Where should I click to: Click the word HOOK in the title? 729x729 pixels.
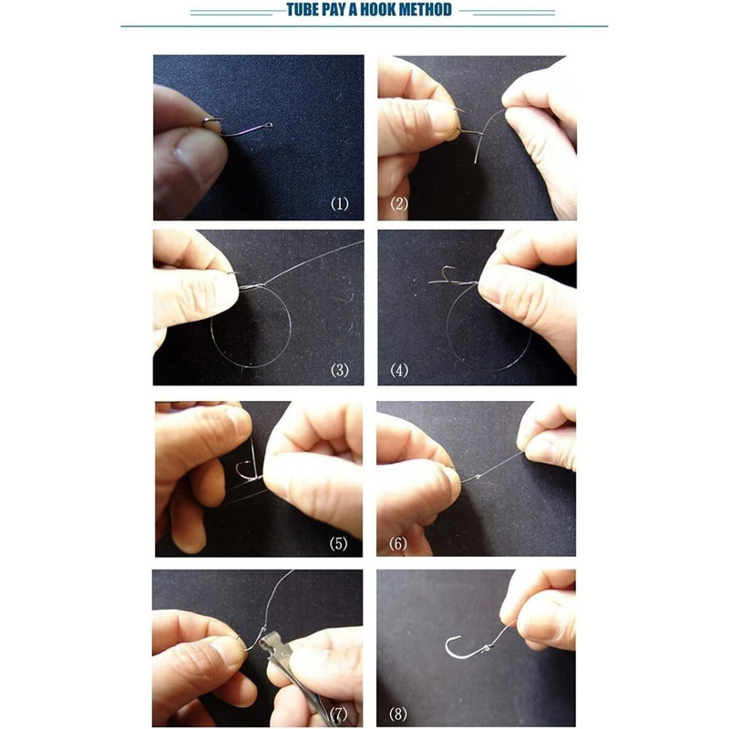coord(377,10)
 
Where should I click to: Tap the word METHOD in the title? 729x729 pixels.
coord(425,10)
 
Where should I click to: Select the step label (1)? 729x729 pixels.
coord(339,203)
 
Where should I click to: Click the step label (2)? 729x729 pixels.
coord(399,203)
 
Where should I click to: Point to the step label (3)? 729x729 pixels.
coord(339,371)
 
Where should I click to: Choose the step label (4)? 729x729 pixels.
coord(399,371)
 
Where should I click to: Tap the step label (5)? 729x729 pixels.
coord(338,543)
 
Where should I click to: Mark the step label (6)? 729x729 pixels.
coord(398,543)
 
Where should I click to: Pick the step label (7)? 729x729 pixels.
coord(338,714)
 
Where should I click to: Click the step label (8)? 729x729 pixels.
coord(398,714)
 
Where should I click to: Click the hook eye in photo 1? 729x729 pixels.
coord(269,125)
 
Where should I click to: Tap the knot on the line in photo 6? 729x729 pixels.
coord(478,477)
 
